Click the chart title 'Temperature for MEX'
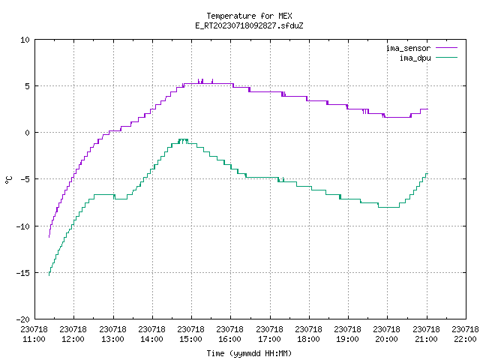pyautogui.click(x=249, y=16)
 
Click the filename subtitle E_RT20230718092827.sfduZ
pyautogui.click(x=249, y=25)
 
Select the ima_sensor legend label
pyautogui.click(x=408, y=48)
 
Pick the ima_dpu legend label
pyautogui.click(x=415, y=58)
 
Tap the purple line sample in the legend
pyautogui.click(x=446, y=48)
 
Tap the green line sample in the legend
pyautogui.click(x=446, y=58)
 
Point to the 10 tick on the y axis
pyautogui.click(x=25, y=40)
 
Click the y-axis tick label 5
pyautogui.click(x=27, y=86)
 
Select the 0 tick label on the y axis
pyautogui.click(x=27, y=133)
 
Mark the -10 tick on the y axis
pyautogui.click(x=23, y=226)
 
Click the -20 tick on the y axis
pyautogui.click(x=23, y=319)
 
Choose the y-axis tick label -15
pyautogui.click(x=23, y=273)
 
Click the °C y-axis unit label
pyautogui.click(x=8, y=180)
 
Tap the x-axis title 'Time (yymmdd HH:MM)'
pyautogui.click(x=249, y=353)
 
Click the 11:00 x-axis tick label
pyautogui.click(x=34, y=339)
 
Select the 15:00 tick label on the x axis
pyautogui.click(x=190, y=339)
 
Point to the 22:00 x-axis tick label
pyautogui.click(x=465, y=339)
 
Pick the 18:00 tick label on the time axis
pyautogui.click(x=308, y=339)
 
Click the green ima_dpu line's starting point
pyautogui.click(x=49, y=275)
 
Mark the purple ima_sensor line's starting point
pyautogui.click(x=49, y=237)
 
